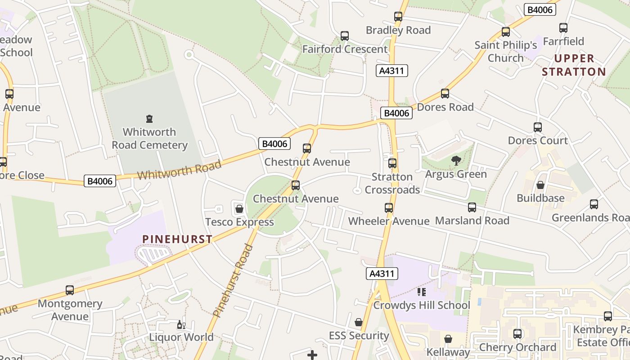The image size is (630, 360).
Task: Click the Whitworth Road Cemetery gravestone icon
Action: tap(149, 119)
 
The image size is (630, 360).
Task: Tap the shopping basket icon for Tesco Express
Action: tap(239, 209)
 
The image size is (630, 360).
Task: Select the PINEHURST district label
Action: tap(177, 239)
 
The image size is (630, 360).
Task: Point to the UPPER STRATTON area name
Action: tap(574, 65)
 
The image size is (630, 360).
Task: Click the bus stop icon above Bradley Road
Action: tap(398, 17)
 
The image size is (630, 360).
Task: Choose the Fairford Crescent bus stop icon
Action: tap(345, 36)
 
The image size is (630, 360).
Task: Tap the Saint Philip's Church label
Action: tap(506, 51)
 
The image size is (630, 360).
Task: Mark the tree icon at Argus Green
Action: tap(456, 161)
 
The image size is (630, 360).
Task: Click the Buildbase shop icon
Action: tap(540, 185)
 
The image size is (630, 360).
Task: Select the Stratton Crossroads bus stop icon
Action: tap(392, 163)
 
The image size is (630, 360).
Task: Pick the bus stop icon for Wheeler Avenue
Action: tap(389, 208)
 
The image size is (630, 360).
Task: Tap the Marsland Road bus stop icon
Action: tap(472, 207)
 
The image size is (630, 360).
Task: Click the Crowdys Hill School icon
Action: tap(422, 292)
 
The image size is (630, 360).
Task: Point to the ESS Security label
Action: tap(359, 336)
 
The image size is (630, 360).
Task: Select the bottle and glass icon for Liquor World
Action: tap(181, 324)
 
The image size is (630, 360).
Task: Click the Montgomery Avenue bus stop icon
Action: tap(70, 290)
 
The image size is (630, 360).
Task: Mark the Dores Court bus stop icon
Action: tap(538, 127)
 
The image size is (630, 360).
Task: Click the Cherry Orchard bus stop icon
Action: tap(517, 334)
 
